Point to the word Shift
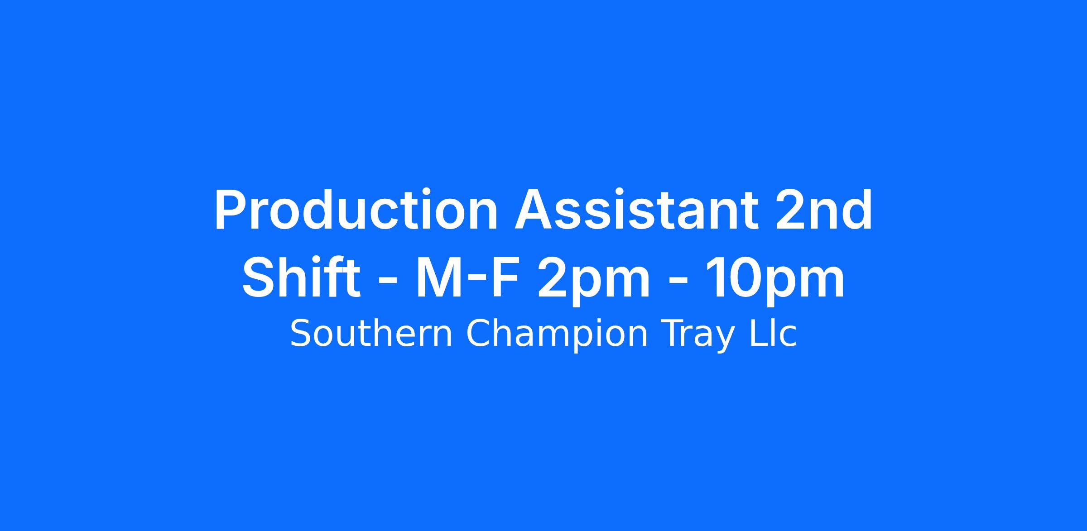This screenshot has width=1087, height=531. (301, 277)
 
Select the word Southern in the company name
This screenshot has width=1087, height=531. (371, 334)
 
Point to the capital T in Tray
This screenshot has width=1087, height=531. (673, 334)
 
